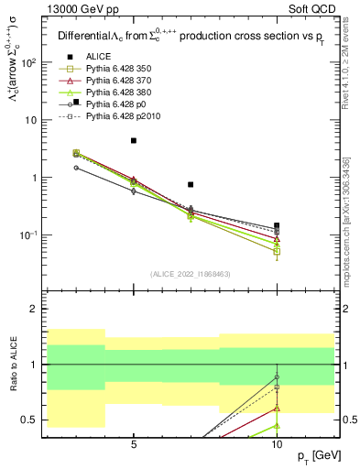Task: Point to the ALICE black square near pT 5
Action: pos(134,140)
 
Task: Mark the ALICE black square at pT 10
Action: pos(277,225)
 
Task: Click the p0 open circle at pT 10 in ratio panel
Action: pos(277,376)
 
